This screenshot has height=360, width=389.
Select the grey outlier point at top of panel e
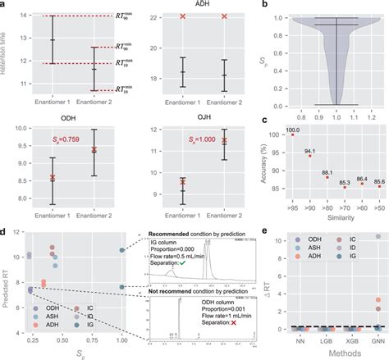(x=377, y=236)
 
